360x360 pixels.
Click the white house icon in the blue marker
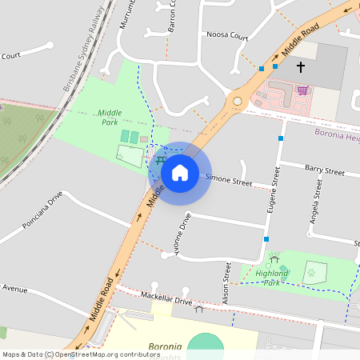tap(180, 172)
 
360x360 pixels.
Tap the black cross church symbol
tap(301, 67)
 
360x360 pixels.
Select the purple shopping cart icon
tap(302, 90)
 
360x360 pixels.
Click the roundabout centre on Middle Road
tap(237, 101)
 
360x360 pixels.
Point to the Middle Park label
tap(110, 118)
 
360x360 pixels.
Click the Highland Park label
tap(272, 277)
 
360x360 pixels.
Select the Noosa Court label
tap(227, 36)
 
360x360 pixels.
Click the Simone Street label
tap(229, 182)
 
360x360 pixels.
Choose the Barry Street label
tap(324, 171)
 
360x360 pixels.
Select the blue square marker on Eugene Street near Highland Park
tap(266, 238)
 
